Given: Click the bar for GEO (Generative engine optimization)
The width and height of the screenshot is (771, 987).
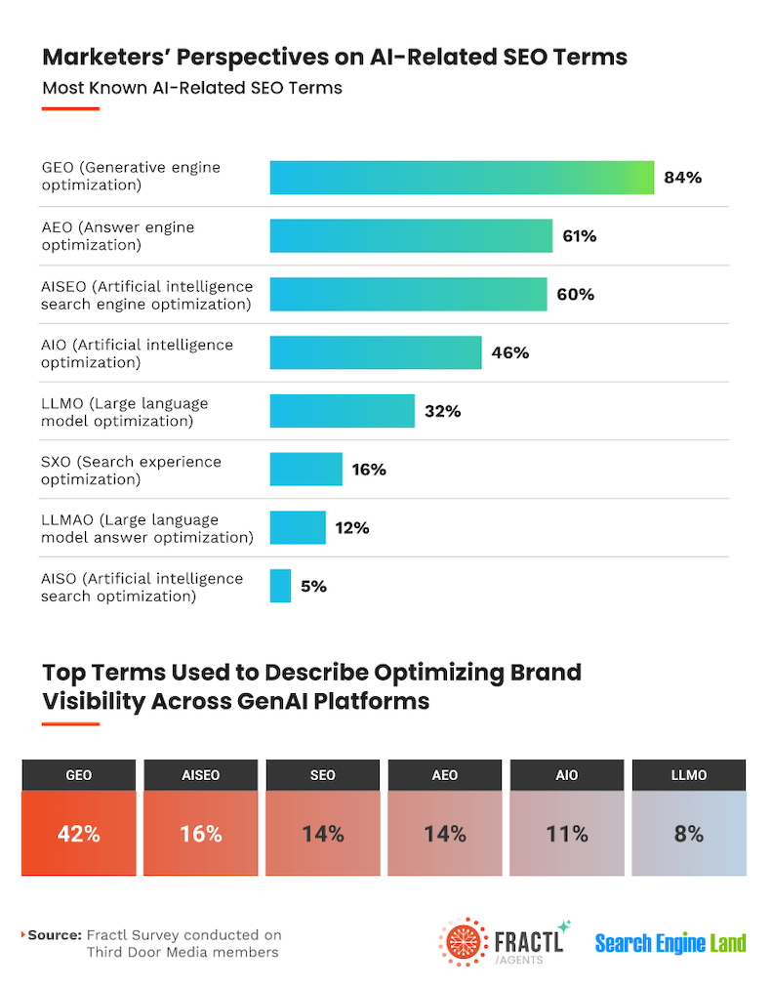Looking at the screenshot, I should click(462, 177).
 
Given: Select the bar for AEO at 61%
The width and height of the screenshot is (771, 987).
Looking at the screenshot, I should click(411, 236).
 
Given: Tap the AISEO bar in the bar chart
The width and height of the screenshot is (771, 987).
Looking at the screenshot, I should click(408, 295).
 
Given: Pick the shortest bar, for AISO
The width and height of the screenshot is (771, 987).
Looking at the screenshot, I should click(280, 586).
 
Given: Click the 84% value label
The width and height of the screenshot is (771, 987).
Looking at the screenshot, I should click(682, 178).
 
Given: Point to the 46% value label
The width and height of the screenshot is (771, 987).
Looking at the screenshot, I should click(509, 353).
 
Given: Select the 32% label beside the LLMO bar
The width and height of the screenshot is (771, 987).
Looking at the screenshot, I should click(442, 412).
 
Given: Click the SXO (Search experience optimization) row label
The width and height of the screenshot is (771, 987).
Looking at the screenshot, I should click(131, 470).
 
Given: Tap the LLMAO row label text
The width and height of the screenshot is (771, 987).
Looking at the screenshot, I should click(146, 528).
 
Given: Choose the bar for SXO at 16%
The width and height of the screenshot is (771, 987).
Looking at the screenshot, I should click(305, 470).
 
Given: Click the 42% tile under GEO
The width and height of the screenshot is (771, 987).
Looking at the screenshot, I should click(78, 834).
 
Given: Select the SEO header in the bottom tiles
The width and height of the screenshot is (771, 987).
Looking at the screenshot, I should click(322, 775).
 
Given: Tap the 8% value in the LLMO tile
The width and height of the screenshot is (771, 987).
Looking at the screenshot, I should click(688, 834).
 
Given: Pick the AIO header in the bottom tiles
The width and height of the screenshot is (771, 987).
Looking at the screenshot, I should click(566, 775).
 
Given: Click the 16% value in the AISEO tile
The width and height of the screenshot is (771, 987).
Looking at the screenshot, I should click(200, 834).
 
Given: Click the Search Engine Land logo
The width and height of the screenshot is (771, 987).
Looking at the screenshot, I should click(670, 943).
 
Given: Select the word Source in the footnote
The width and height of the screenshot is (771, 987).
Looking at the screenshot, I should click(55, 935).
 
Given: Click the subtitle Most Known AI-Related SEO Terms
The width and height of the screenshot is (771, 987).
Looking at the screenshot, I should click(192, 88).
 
